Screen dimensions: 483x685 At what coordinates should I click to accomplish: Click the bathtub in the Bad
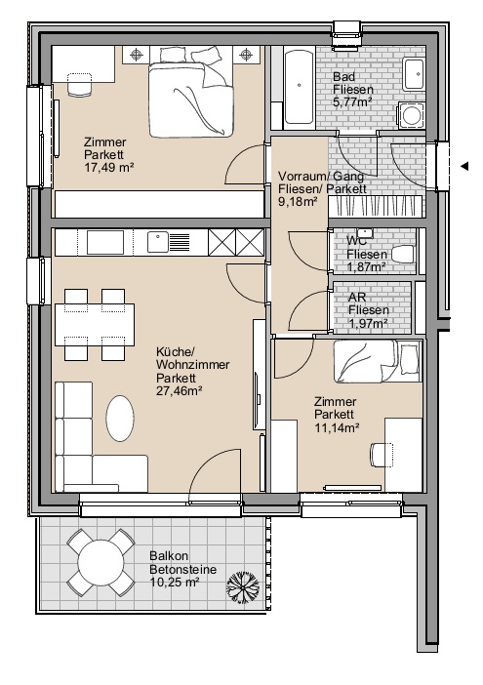point(300,88)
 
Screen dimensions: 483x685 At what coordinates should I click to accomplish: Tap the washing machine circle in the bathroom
point(411,115)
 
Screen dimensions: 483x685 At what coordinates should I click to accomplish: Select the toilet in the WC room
point(402,255)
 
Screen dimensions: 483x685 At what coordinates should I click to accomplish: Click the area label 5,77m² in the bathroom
point(352,102)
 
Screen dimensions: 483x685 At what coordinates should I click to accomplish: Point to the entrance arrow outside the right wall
point(464,166)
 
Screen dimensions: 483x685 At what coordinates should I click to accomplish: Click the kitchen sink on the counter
point(158,242)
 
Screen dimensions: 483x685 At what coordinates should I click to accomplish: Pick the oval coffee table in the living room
point(120,418)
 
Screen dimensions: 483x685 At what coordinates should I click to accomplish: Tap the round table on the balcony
point(101,563)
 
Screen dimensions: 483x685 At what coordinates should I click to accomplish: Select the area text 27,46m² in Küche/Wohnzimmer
point(179,391)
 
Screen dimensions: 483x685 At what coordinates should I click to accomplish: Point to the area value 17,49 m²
point(108,167)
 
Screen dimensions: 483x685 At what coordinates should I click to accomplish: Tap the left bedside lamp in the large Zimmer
point(137,55)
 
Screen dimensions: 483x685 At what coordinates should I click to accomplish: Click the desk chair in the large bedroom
point(80,84)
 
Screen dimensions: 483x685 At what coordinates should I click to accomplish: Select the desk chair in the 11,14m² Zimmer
point(381,455)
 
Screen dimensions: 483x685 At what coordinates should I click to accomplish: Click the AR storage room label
point(357,297)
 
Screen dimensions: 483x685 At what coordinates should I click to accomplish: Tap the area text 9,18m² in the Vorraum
point(298,202)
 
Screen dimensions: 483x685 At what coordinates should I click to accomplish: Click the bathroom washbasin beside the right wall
point(414,73)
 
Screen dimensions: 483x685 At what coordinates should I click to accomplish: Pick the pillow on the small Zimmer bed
point(409,360)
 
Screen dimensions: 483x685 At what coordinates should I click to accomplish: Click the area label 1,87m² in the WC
point(367,267)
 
